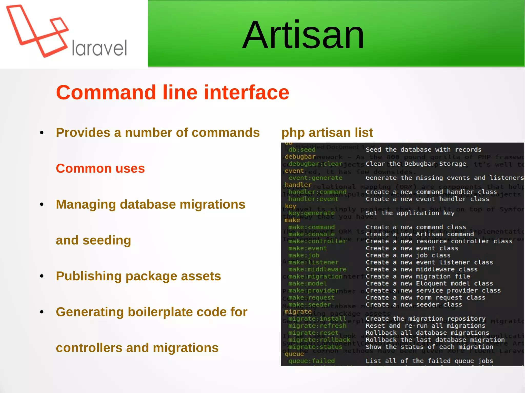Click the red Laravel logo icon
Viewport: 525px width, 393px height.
tap(37, 31)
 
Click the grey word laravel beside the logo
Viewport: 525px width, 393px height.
tap(99, 48)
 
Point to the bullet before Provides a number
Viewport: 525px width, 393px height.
tap(42, 133)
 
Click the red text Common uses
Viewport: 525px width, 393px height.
tap(100, 168)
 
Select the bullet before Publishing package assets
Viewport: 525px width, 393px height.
tap(42, 276)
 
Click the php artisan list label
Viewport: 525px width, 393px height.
tap(327, 133)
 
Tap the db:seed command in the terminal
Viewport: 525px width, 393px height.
tap(302, 150)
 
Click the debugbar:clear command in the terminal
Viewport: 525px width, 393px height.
tap(315, 164)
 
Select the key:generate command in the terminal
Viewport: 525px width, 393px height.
tap(311, 213)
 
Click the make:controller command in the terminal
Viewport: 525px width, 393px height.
tap(317, 241)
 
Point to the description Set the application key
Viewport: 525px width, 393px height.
tap(410, 213)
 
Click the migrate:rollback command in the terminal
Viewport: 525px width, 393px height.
tap(319, 340)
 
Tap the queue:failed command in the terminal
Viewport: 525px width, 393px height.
tap(311, 361)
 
